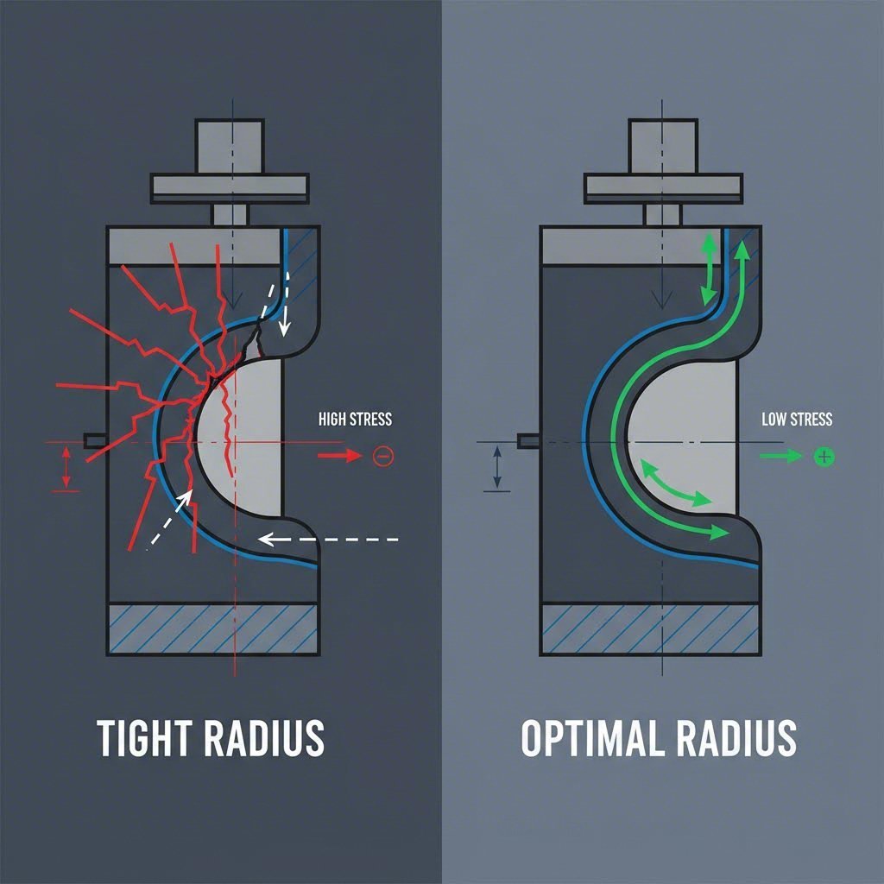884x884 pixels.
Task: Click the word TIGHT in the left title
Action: (142, 738)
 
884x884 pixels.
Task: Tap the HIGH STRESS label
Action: (355, 420)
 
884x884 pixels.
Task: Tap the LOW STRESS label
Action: (797, 420)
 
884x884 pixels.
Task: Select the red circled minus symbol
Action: (382, 456)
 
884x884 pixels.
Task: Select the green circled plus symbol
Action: (824, 456)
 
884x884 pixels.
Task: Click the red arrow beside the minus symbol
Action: (339, 456)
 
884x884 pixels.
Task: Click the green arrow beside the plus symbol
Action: (780, 456)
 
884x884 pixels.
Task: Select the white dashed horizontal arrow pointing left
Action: (328, 540)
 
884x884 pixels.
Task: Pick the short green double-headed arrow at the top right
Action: (708, 268)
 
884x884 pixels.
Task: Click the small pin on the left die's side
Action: (94, 441)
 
